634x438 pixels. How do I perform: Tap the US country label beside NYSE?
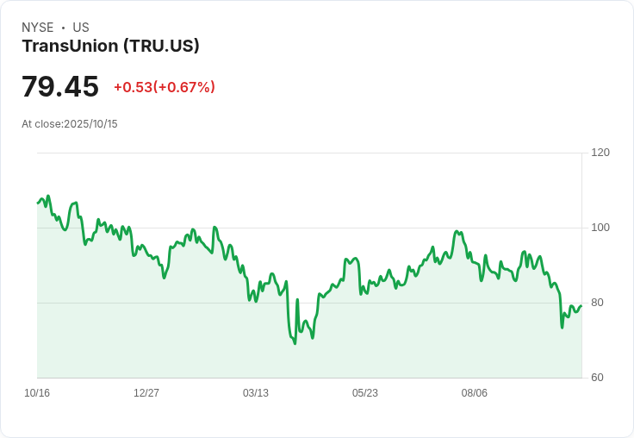point(81,28)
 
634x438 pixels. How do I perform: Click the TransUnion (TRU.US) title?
point(110,46)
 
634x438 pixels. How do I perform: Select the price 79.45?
point(60,86)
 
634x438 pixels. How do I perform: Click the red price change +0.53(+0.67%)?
point(165,87)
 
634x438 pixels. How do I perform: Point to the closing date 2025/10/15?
point(90,124)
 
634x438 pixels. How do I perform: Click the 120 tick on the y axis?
point(600,153)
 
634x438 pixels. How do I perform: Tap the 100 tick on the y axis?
point(600,228)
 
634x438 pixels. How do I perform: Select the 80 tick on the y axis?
point(598,303)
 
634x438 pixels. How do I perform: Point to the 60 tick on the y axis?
point(598,378)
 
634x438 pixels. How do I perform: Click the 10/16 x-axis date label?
point(37,393)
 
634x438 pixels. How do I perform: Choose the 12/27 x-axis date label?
point(146,393)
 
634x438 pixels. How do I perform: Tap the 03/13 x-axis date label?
point(256,393)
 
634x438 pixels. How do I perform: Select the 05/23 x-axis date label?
point(365,393)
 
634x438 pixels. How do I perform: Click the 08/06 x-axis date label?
point(475,393)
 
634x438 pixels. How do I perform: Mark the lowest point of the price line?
point(295,343)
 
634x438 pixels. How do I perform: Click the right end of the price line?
point(581,306)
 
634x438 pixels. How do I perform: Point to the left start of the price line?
point(38,203)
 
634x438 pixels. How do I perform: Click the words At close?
point(41,124)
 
